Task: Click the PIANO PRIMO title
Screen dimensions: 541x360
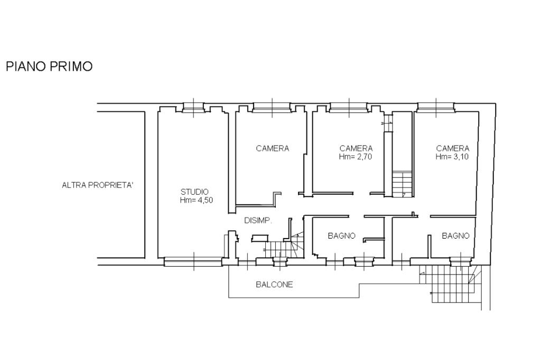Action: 49,66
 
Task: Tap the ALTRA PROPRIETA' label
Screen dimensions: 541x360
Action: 98,185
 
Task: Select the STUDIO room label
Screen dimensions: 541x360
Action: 194,192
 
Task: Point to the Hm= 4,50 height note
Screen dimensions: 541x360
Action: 197,200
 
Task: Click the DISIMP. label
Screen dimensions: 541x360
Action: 258,221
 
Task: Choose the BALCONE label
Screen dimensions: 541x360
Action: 274,285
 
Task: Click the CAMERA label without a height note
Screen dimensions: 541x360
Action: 273,149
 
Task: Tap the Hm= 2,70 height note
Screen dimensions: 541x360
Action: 356,157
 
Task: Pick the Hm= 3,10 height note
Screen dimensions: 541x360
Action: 452,157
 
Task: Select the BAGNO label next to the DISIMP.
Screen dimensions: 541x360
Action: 342,236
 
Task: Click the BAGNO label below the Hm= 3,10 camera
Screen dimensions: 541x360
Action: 456,236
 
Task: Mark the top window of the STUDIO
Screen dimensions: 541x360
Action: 193,108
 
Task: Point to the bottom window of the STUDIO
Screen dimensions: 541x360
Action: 193,262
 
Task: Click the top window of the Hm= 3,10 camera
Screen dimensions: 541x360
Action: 436,108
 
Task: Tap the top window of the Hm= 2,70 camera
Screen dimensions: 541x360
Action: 349,108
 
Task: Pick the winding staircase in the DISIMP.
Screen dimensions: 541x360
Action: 284,245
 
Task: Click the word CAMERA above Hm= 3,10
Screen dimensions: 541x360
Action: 453,149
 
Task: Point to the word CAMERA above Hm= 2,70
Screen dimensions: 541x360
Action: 356,149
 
